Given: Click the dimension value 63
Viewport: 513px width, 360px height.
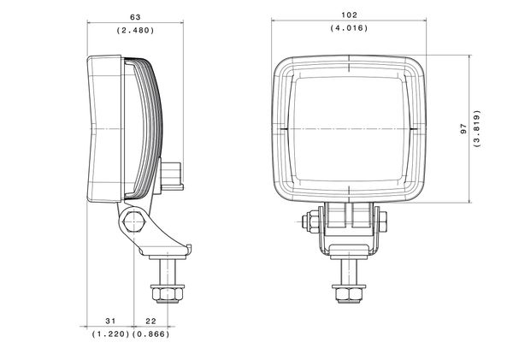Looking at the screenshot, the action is pyautogui.click(x=135, y=17).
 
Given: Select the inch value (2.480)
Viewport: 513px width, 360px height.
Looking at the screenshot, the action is pyautogui.click(x=135, y=31).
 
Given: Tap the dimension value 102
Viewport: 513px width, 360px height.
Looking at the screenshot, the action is pyautogui.click(x=349, y=15).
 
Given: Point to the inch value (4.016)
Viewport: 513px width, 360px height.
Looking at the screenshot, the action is pyautogui.click(x=349, y=28).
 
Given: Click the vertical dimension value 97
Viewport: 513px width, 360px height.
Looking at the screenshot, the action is pyautogui.click(x=463, y=128).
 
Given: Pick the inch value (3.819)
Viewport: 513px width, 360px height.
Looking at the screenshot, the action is pyautogui.click(x=477, y=128).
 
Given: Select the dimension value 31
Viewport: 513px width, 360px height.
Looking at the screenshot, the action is pyautogui.click(x=110, y=322).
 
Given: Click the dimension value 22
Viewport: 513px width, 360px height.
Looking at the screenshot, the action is pyautogui.click(x=150, y=322).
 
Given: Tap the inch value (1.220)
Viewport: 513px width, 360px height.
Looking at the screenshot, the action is pyautogui.click(x=111, y=334).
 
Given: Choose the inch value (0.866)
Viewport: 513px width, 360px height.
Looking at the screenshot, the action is pyautogui.click(x=150, y=334).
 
